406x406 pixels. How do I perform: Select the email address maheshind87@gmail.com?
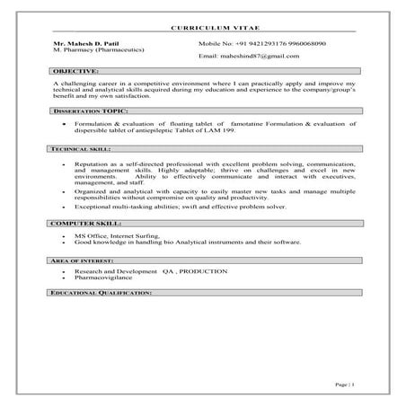click(260, 56)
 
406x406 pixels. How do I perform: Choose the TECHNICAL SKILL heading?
click(80, 148)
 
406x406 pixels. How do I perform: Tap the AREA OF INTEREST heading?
click(84, 259)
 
